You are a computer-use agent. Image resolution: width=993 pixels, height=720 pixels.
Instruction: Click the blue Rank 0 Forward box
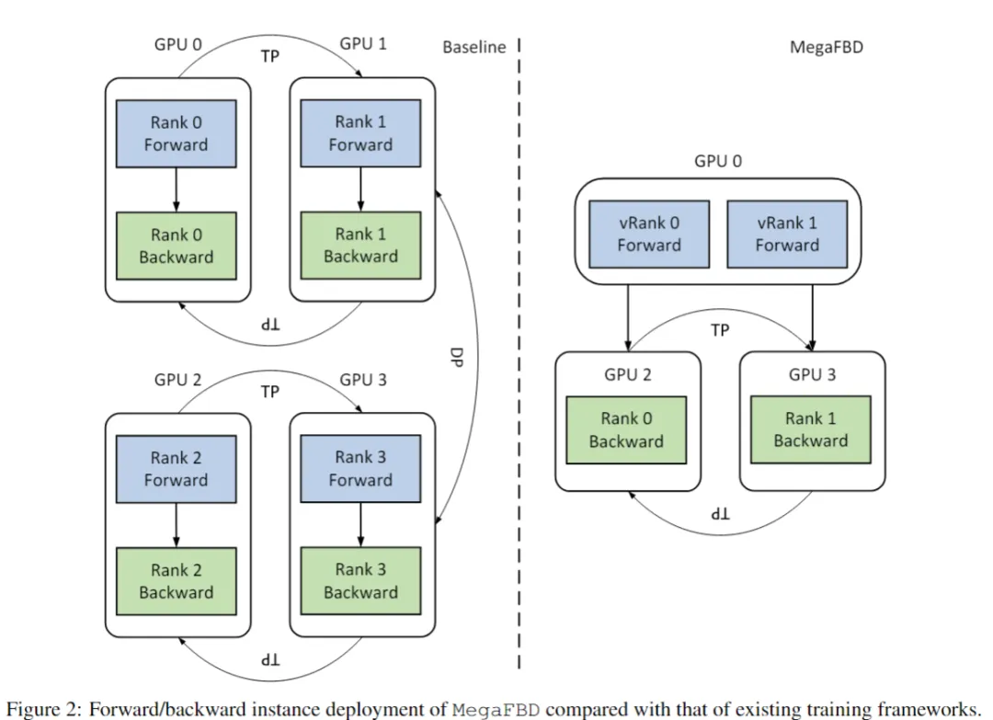point(176,133)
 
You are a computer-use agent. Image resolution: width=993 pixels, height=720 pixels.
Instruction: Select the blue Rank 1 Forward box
point(360,133)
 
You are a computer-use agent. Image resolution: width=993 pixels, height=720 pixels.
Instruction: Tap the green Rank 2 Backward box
point(176,581)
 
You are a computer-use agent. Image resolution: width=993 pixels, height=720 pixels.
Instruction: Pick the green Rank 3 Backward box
point(360,581)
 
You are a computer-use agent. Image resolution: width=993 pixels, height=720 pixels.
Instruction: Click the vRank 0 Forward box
point(649,234)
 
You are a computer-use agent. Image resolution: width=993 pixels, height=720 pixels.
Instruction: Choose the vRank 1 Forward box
point(787,234)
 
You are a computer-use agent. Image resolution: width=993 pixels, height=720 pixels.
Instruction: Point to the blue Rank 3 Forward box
point(360,468)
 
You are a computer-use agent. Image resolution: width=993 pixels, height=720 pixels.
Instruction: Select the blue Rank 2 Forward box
point(176,468)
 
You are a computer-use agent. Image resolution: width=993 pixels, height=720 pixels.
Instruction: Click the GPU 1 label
point(363,44)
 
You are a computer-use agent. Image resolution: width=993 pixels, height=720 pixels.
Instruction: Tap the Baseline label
point(474,47)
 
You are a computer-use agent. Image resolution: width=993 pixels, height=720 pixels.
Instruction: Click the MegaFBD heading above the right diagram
point(827,47)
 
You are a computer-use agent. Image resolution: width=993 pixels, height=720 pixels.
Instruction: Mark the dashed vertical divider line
point(519,368)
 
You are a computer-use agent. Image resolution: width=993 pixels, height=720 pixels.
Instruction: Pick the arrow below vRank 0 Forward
point(628,317)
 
